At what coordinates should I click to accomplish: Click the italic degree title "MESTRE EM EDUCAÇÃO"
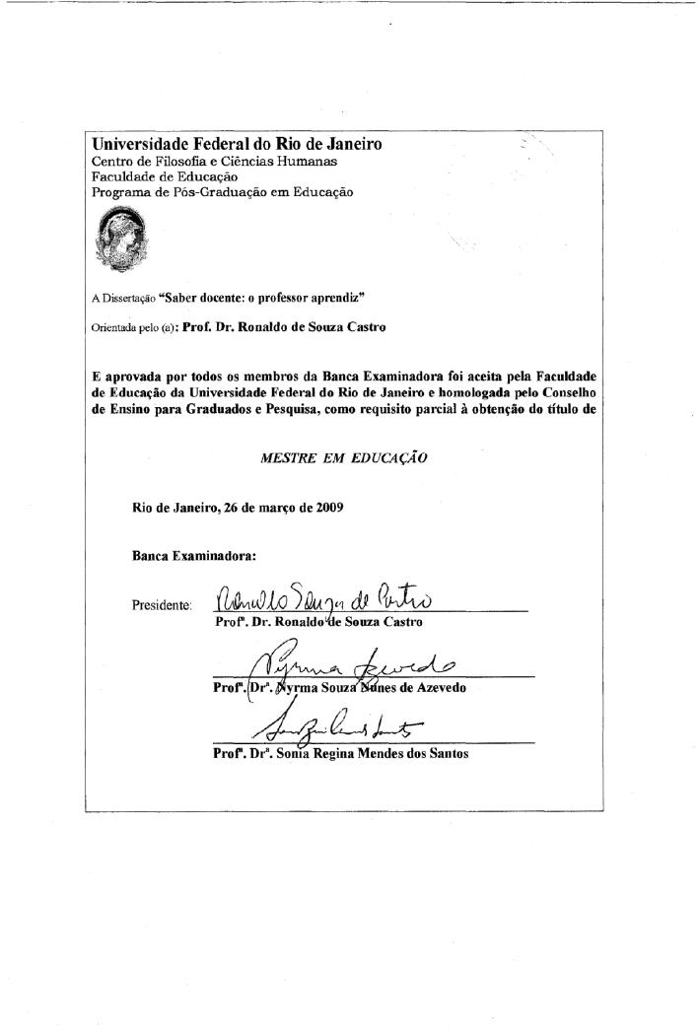pos(344,459)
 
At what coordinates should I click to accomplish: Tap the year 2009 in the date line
pos(329,509)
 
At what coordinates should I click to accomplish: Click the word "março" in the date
pos(276,509)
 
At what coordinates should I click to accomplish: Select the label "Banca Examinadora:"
pos(194,556)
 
